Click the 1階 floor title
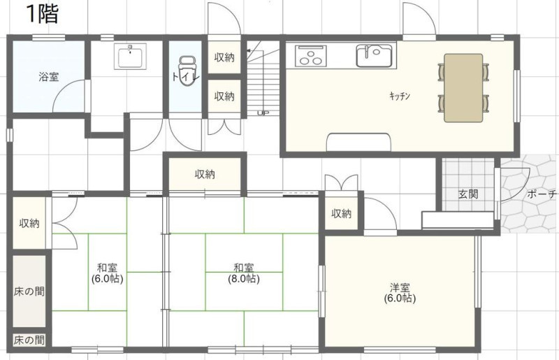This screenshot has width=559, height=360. (42, 15)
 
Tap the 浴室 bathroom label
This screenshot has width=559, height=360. (48, 77)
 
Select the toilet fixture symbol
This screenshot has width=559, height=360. (187, 71)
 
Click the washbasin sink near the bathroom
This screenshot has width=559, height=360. (130, 57)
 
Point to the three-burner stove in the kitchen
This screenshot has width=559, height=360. (311, 56)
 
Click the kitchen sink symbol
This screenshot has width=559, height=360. (376, 55)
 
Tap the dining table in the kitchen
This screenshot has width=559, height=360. (463, 88)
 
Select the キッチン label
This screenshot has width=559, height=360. (400, 96)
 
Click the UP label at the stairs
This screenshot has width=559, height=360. (263, 113)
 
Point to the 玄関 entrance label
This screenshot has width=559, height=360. (468, 194)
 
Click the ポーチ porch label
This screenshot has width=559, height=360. (542, 194)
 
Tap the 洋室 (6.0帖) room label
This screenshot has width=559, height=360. (400, 293)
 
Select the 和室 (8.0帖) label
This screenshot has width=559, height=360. (244, 273)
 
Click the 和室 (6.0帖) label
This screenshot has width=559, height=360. (108, 273)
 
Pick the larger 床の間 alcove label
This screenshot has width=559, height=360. (29, 291)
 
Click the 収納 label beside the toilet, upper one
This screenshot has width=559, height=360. (224, 57)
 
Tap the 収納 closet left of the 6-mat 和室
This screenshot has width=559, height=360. (29, 224)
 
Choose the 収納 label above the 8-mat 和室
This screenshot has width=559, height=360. (205, 174)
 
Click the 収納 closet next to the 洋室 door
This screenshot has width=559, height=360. (342, 213)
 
